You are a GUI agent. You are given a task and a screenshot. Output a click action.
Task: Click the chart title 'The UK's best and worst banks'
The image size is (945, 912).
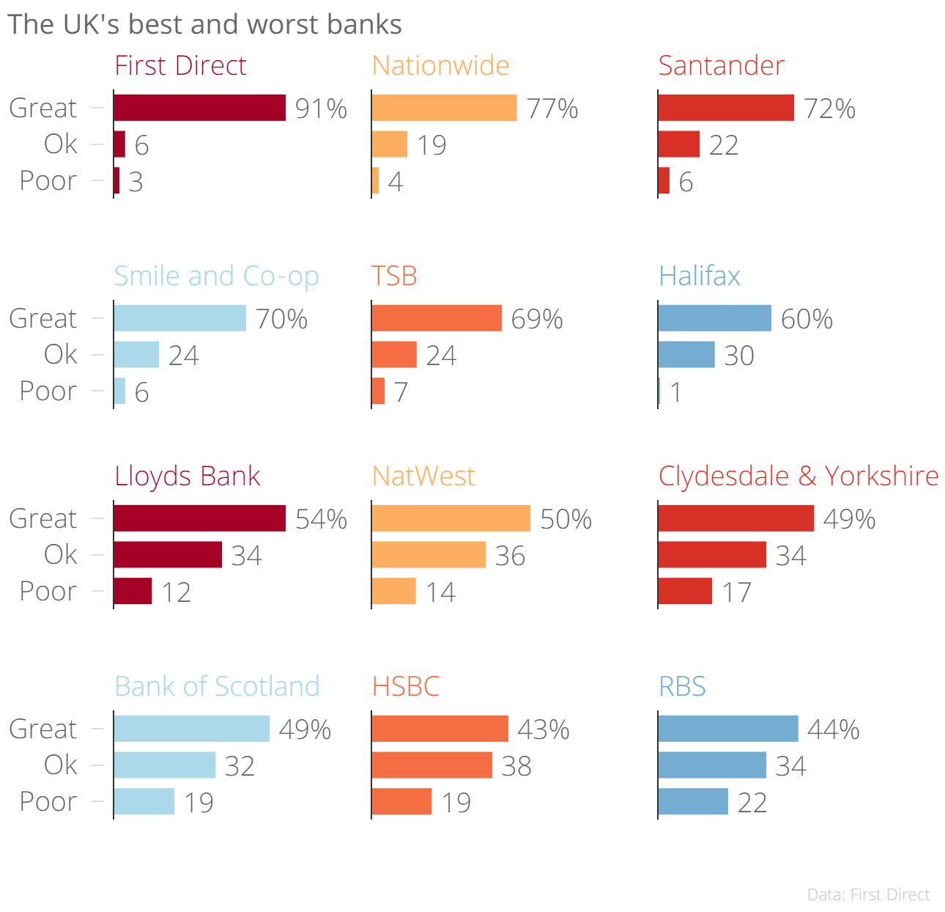(204, 25)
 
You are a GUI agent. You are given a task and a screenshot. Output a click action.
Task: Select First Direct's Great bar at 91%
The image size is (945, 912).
(199, 108)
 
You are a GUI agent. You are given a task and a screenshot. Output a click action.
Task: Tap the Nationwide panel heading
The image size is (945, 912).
(440, 66)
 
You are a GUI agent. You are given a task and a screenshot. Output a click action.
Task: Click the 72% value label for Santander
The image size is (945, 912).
(829, 109)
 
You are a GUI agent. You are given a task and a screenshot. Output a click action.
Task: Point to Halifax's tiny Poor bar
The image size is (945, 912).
(659, 391)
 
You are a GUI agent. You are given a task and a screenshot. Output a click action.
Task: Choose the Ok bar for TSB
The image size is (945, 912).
(394, 355)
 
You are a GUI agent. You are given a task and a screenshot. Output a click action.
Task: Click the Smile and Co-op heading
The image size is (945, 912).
(217, 276)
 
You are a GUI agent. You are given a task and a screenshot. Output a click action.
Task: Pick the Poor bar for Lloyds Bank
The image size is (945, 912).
(133, 591)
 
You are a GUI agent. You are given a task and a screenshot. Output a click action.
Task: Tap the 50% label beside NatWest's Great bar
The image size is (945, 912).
(566, 520)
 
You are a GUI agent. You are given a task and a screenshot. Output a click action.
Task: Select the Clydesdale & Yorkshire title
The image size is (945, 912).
(798, 477)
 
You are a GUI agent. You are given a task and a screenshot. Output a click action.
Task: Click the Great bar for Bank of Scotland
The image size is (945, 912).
(191, 729)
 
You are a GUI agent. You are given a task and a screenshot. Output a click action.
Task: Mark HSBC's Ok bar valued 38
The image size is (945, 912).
(431, 765)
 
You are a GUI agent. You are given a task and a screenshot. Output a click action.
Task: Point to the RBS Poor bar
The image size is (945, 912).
(693, 801)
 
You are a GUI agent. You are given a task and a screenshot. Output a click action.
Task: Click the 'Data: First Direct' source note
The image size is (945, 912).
(868, 895)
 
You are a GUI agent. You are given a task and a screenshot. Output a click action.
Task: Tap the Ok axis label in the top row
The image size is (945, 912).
(60, 144)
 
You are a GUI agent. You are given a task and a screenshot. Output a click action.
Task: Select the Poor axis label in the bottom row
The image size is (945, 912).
(48, 801)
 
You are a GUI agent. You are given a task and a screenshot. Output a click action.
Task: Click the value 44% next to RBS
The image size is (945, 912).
(833, 730)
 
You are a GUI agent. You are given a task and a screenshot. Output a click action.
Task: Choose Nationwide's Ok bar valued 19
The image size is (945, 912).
(389, 144)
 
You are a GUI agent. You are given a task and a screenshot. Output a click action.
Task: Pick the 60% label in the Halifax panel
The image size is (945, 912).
(807, 320)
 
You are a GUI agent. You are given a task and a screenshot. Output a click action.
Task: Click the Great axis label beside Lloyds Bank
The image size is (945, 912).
(42, 519)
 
